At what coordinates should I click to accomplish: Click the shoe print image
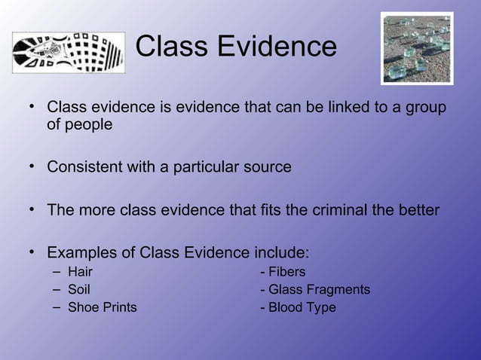click(x=68, y=53)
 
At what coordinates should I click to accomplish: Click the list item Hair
click(x=81, y=272)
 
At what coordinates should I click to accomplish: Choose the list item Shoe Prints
click(x=103, y=307)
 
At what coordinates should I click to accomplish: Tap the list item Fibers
click(x=286, y=272)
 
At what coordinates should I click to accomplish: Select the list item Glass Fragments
click(x=319, y=289)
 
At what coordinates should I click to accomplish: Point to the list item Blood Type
click(x=302, y=307)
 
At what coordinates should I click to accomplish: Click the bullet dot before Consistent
click(x=33, y=166)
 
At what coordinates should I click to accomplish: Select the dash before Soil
click(x=57, y=289)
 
